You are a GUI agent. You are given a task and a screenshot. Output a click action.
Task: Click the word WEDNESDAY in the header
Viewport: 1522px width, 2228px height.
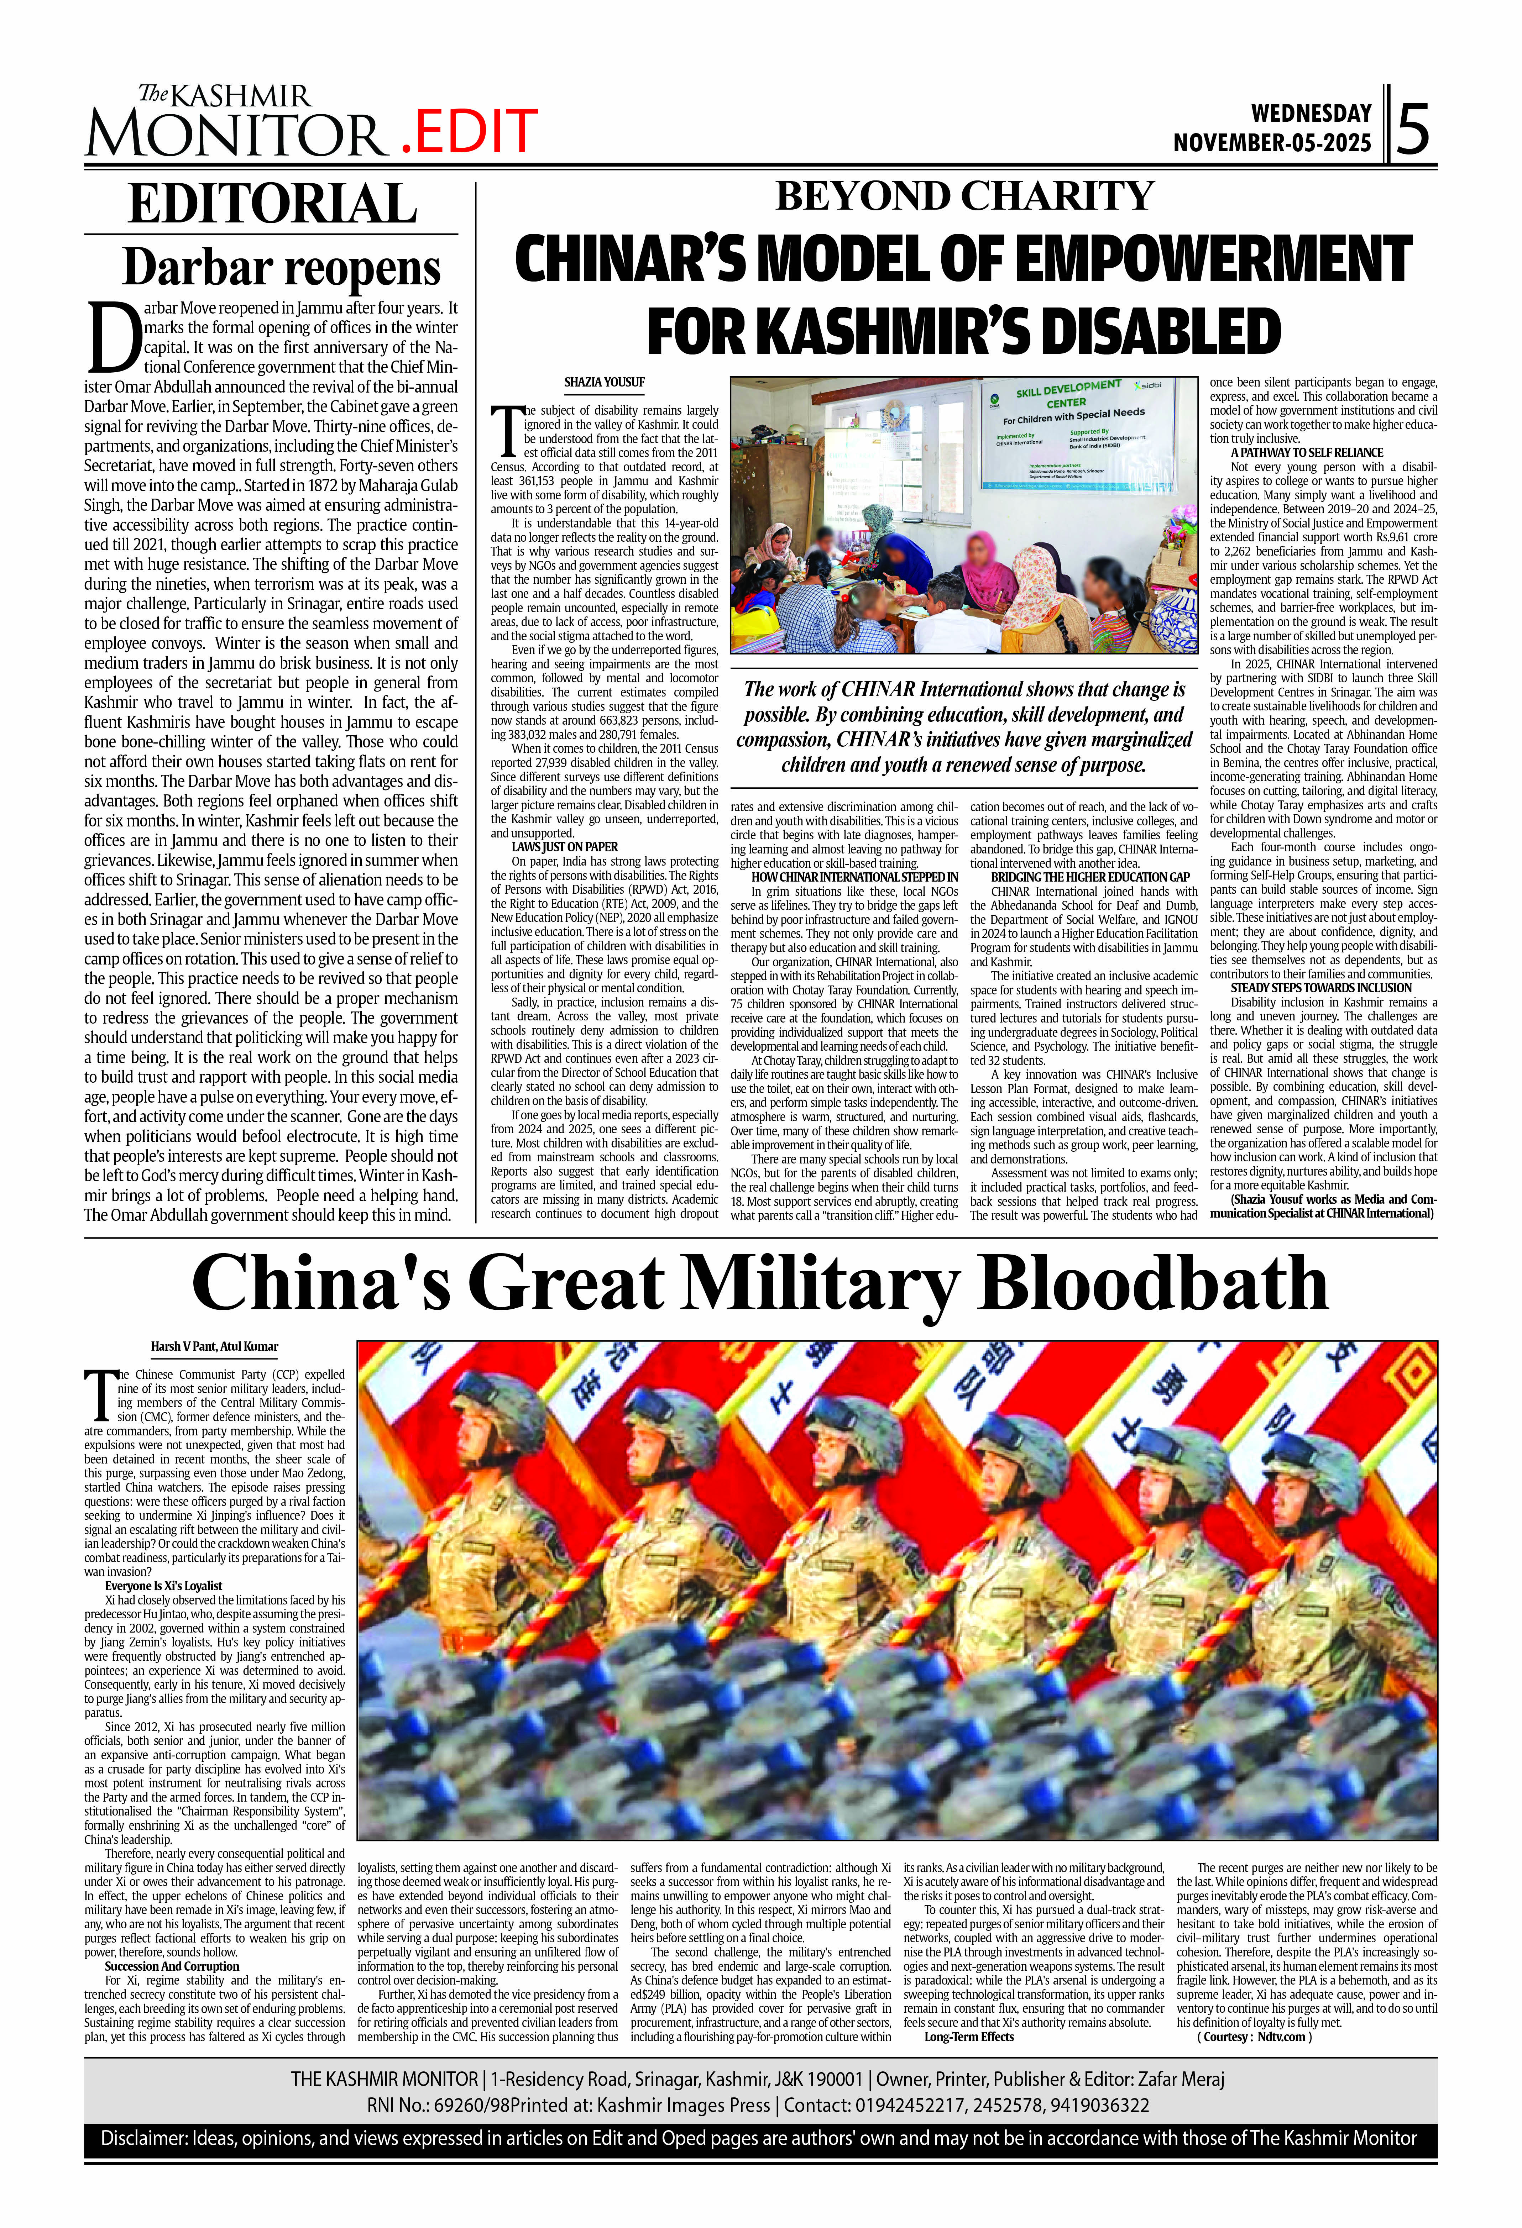[1311, 113]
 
